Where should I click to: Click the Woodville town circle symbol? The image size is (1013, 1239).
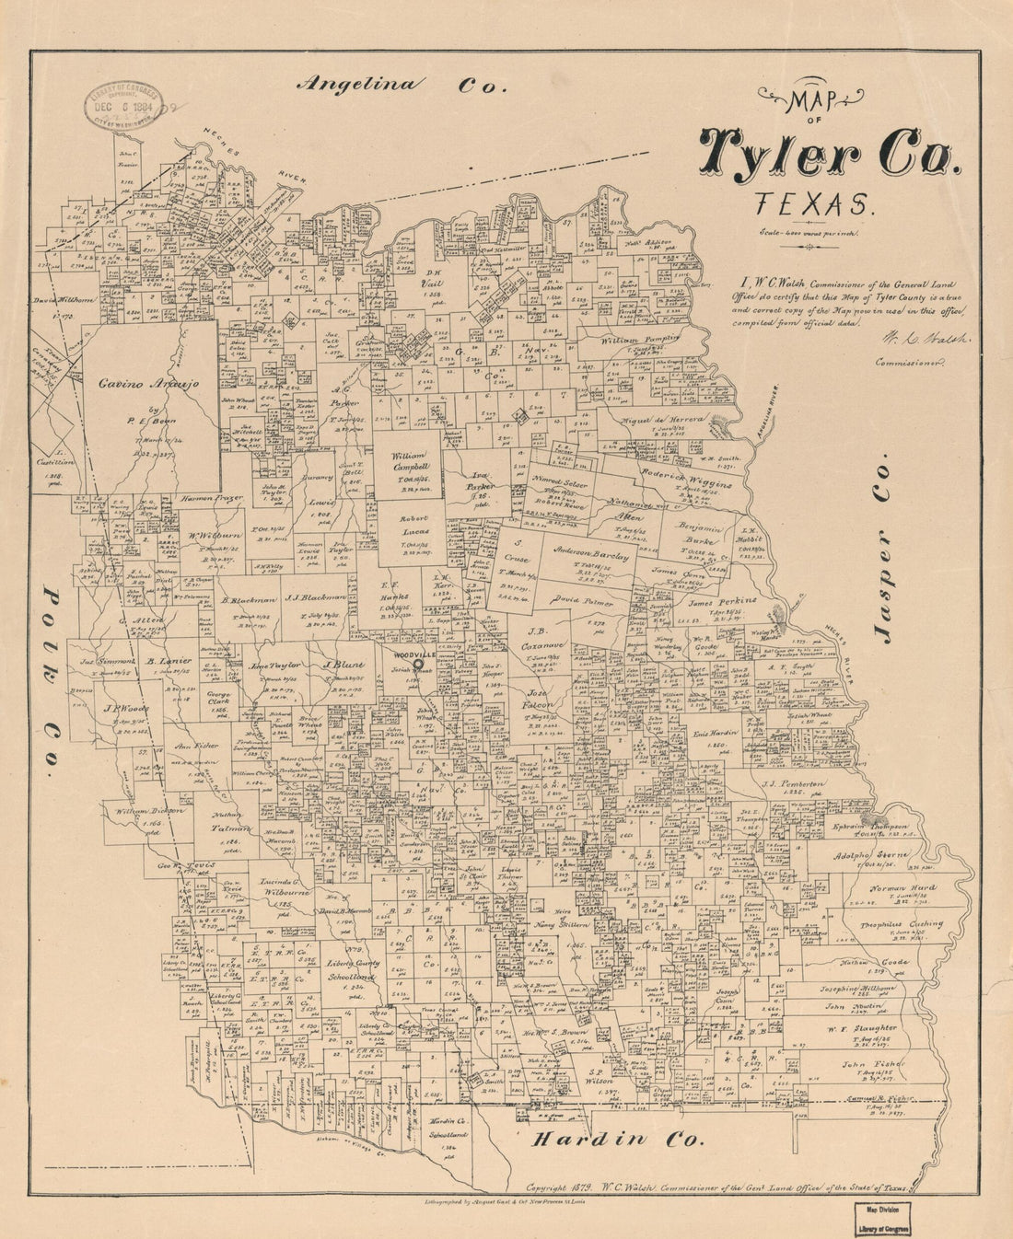[417, 664]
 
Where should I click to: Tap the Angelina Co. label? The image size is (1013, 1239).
[402, 84]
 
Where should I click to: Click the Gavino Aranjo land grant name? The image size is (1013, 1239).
[149, 385]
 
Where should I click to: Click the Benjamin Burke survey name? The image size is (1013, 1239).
[706, 532]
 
